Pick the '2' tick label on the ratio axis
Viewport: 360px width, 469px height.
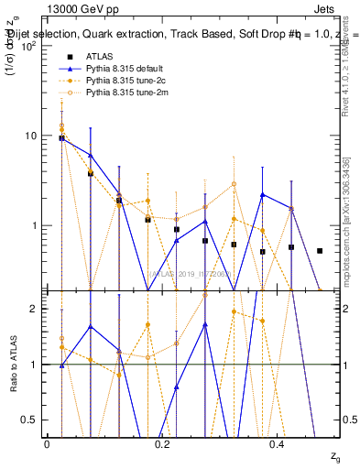34,309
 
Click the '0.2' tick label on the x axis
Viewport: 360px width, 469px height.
162,444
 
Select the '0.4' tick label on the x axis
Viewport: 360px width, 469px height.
278,444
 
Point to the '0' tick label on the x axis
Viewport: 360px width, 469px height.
47,444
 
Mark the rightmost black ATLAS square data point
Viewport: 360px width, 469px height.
320,250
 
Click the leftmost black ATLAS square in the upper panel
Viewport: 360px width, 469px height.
61,138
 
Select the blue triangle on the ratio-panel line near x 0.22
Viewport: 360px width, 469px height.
177,387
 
